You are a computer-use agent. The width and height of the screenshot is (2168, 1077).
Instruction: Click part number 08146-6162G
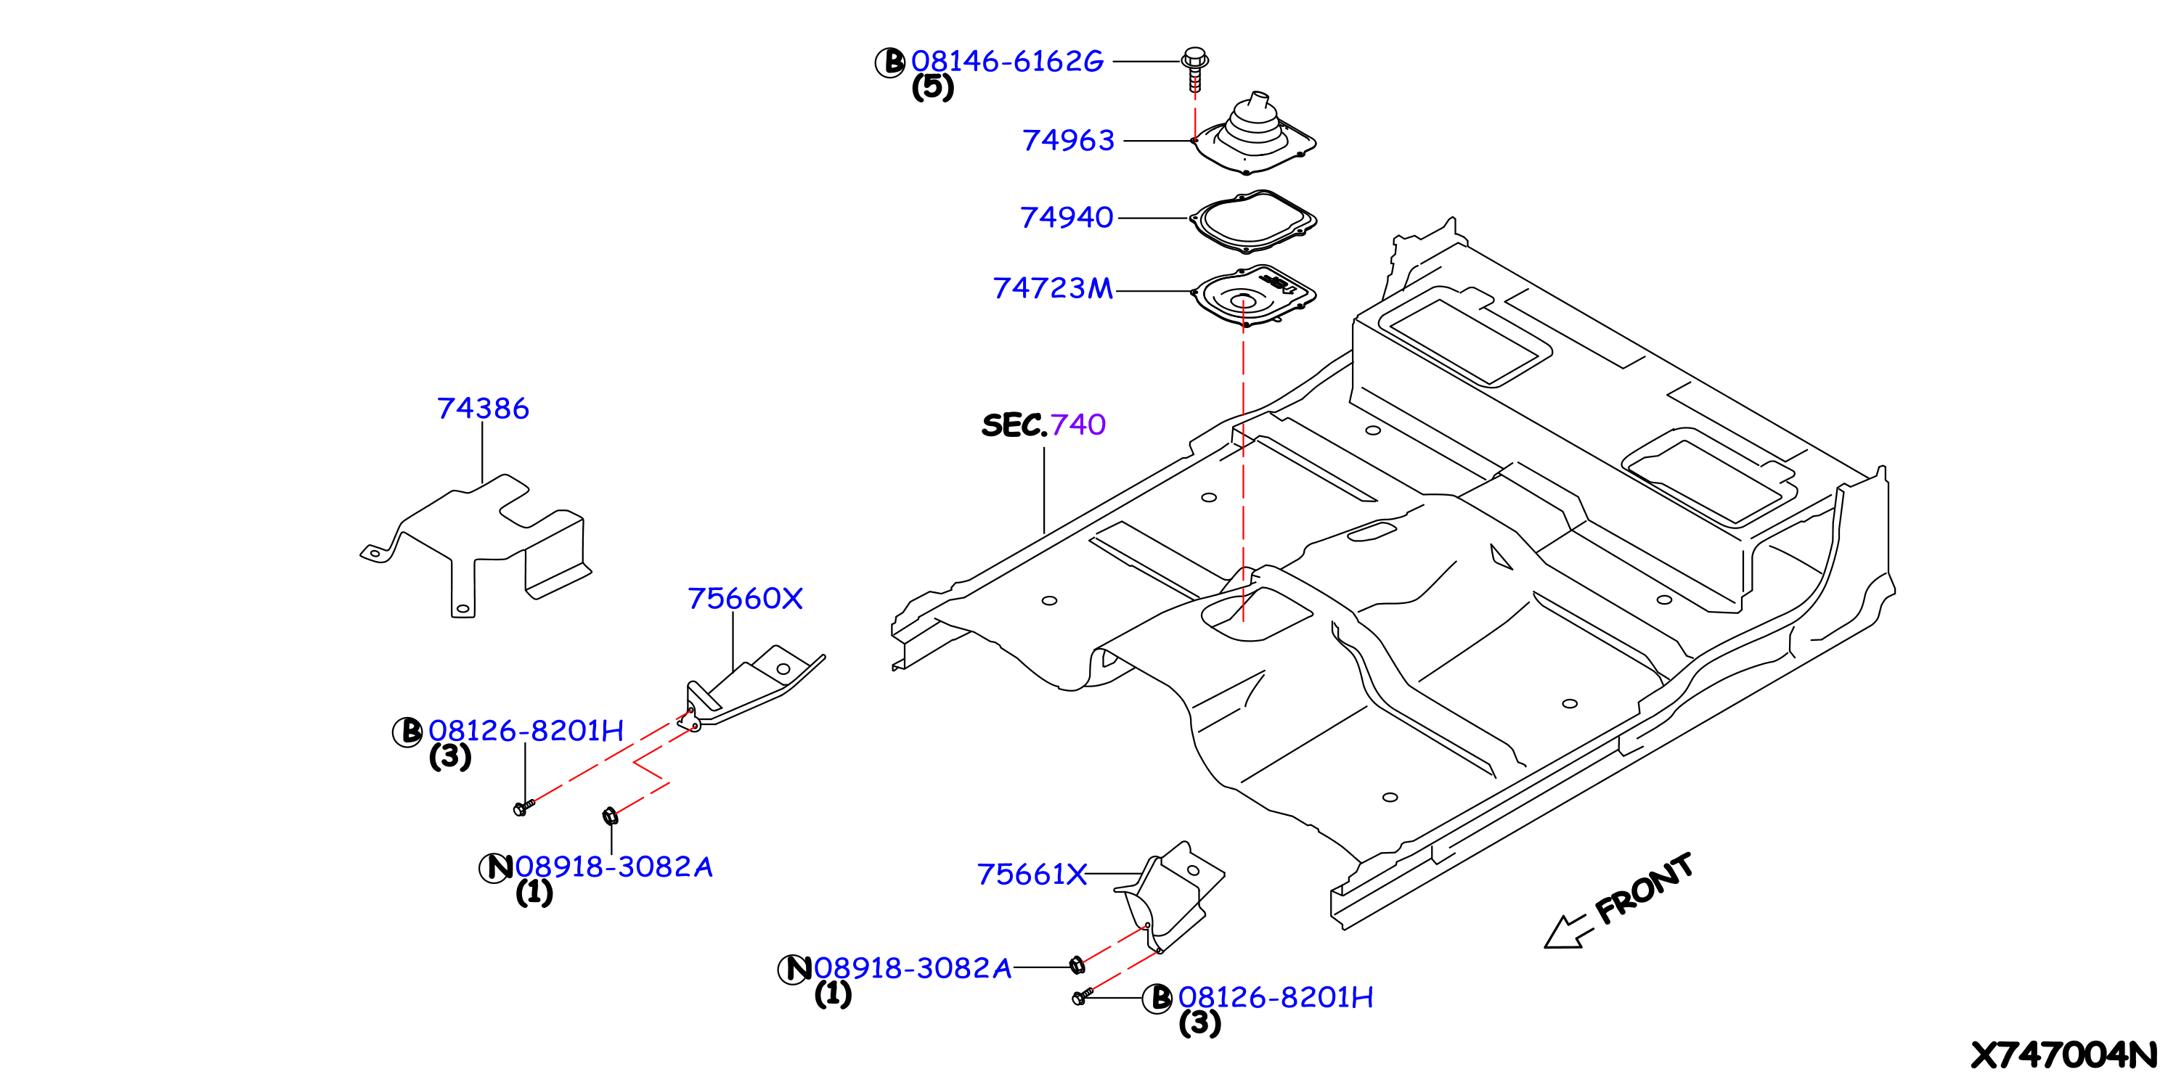(x=1006, y=62)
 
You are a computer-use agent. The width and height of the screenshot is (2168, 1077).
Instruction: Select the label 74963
(x=1068, y=141)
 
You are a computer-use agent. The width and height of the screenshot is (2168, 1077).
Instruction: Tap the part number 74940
(x=1067, y=218)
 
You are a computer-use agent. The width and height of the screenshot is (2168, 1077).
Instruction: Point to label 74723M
(x=1053, y=289)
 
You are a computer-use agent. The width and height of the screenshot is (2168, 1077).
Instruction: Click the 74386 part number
(x=483, y=409)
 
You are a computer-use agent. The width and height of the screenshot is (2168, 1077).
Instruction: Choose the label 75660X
(x=746, y=599)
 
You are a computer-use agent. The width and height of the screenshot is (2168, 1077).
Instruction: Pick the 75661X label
(x=1032, y=875)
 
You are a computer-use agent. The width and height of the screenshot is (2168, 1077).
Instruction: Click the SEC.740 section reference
(x=1043, y=425)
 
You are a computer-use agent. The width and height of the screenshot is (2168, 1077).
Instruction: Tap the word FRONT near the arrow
(x=1644, y=888)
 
